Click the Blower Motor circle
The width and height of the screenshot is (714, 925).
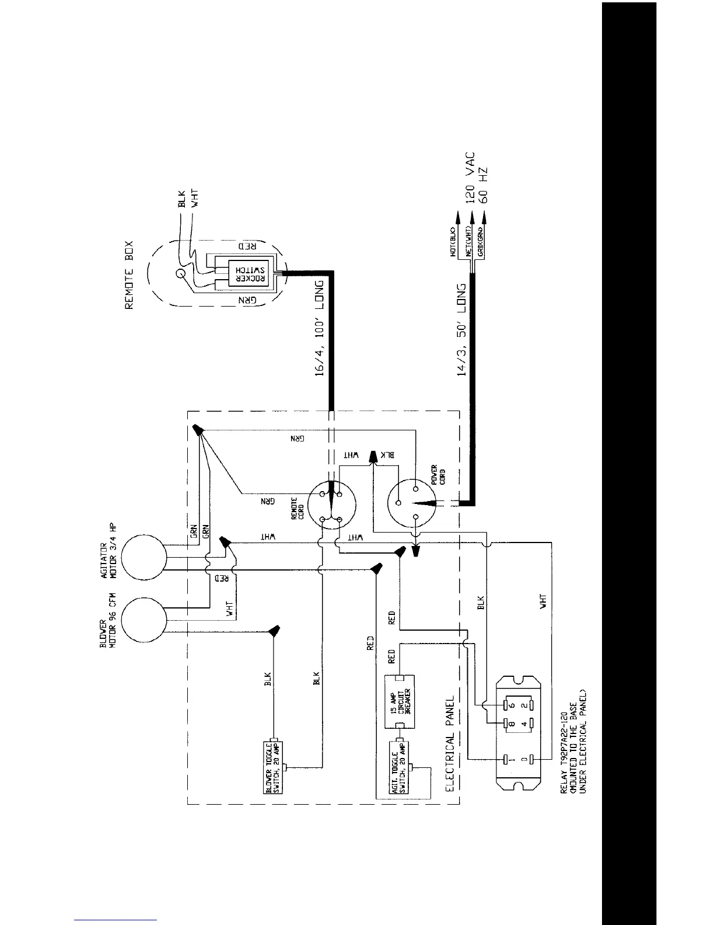[143, 620]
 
